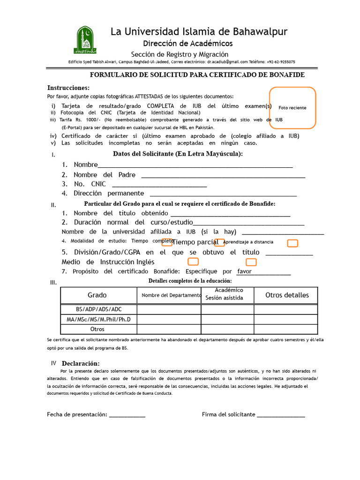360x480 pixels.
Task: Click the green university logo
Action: click(85, 40)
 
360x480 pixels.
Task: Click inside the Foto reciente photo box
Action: click(292, 107)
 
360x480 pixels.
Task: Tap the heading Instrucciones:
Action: click(68, 88)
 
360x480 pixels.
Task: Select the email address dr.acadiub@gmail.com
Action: click(228, 62)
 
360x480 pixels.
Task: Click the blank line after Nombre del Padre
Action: click(223, 177)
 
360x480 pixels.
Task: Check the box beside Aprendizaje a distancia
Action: click(292, 243)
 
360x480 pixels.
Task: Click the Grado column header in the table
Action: click(97, 295)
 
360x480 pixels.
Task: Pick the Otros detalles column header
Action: click(287, 295)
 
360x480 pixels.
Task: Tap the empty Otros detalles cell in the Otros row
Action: click(285, 330)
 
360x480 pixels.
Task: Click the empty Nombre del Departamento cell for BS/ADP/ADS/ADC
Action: click(169, 309)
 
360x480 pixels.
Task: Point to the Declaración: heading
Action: click(81, 364)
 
